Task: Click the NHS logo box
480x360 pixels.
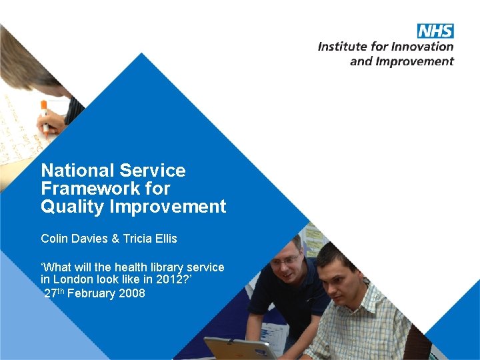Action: (435, 31)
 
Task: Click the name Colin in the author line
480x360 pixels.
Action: (54, 239)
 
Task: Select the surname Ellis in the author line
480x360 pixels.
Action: (164, 239)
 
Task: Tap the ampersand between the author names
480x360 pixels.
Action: (109, 239)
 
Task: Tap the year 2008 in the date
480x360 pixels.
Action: (132, 294)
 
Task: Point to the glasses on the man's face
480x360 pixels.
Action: (285, 259)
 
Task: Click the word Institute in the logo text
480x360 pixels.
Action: (343, 47)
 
